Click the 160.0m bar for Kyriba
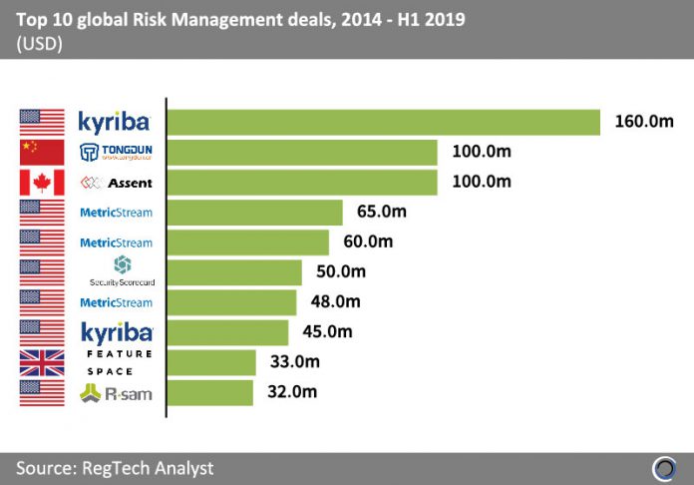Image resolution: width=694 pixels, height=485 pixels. (383, 122)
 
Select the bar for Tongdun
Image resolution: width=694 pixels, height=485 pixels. (302, 152)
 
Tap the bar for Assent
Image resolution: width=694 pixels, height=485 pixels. (302, 183)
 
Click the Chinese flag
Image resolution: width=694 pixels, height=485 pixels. (42, 152)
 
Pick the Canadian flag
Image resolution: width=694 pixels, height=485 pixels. (42, 183)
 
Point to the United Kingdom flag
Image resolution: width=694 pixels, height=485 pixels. (42, 361)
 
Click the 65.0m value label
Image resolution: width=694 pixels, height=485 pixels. (381, 212)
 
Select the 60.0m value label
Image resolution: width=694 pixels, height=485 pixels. (367, 242)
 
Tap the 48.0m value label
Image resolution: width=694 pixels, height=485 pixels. (334, 301)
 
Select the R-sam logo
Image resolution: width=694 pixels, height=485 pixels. (116, 392)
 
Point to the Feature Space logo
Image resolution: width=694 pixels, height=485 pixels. (116, 362)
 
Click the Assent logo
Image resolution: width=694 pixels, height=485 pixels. (116, 183)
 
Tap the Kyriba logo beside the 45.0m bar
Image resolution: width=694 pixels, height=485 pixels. (116, 330)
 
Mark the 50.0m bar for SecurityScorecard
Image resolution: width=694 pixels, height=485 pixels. (234, 272)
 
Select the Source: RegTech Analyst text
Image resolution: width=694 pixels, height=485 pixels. (115, 467)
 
